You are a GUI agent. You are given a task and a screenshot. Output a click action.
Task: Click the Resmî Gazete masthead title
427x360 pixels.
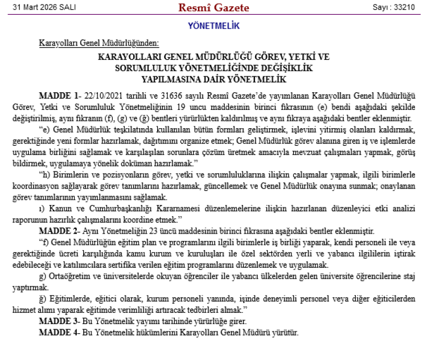coord(213,7)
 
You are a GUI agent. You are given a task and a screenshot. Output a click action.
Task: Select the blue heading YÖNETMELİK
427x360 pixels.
coord(213,26)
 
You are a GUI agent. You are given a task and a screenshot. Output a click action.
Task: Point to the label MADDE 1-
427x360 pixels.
coord(59,94)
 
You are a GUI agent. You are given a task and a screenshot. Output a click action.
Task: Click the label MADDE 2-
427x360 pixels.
coord(59,231)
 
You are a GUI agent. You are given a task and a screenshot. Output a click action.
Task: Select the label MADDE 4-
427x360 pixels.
coord(59,332)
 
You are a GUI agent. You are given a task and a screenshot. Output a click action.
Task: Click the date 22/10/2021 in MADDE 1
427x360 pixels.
coord(103,94)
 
